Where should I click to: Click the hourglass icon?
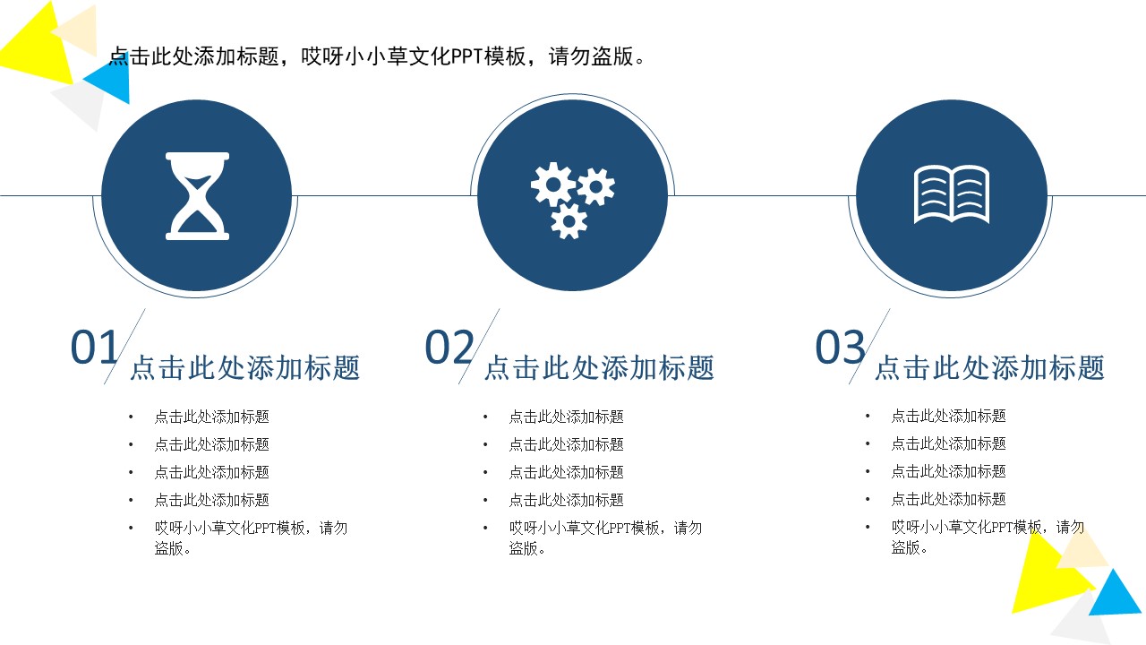tap(197, 196)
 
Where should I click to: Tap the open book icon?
tap(951, 194)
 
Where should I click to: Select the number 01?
tap(94, 348)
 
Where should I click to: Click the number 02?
tap(449, 348)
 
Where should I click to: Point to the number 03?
tap(839, 348)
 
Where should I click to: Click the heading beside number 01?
tap(244, 368)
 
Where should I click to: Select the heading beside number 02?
tap(599, 368)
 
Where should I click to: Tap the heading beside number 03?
tap(989, 368)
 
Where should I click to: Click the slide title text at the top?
tap(377, 57)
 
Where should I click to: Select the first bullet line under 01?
tap(211, 417)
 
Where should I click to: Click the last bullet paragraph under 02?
tap(605, 537)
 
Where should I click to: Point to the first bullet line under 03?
tap(948, 416)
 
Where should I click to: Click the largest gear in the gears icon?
tap(552, 185)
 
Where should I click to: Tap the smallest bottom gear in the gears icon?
tap(569, 220)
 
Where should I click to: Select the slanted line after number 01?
tap(124, 347)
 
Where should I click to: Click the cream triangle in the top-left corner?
tap(79, 29)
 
